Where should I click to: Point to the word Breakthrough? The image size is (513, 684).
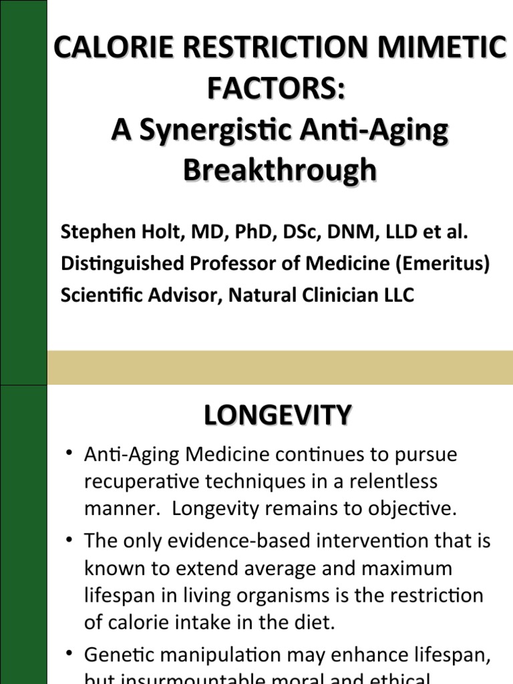(x=279, y=171)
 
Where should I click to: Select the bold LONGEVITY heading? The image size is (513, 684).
(x=277, y=416)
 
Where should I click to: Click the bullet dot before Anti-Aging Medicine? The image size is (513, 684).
(x=69, y=455)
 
